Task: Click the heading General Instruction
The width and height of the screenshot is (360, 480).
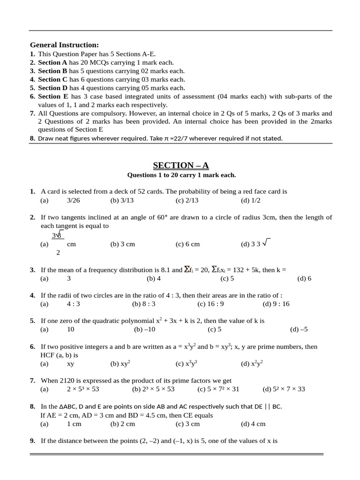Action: point(64,45)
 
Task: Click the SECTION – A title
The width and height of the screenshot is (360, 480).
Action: point(181,165)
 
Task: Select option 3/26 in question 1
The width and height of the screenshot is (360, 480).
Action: point(74,200)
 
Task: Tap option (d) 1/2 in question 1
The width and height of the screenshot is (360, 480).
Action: point(250,200)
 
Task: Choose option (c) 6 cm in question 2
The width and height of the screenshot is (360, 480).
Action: point(187,244)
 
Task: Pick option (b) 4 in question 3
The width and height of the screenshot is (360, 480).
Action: point(154,278)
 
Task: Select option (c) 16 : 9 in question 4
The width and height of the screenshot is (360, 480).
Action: point(210,304)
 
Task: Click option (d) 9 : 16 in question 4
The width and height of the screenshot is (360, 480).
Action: point(276,304)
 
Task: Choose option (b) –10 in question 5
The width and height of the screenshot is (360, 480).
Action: point(144,330)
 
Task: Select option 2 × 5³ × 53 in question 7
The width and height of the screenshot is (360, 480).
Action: point(83,389)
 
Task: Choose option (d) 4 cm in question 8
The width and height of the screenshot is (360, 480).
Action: point(253,424)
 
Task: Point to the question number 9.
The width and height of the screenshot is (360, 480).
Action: point(32,441)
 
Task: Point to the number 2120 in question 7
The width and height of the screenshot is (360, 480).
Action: point(67,381)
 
